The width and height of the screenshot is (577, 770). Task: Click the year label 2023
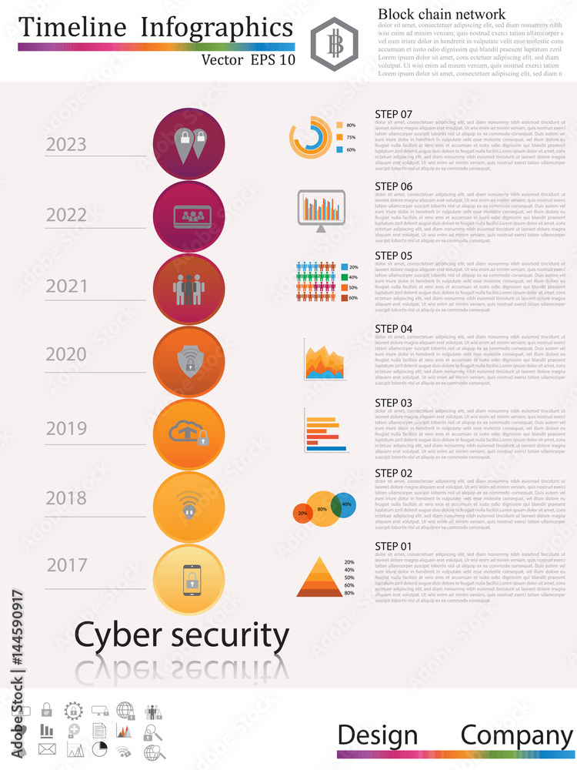pyautogui.click(x=66, y=145)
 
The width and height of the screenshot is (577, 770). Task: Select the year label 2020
pyautogui.click(x=66, y=355)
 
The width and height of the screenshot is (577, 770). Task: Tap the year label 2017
pyautogui.click(x=66, y=565)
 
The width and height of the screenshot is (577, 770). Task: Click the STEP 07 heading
pyautogui.click(x=393, y=115)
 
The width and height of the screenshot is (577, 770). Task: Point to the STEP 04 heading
pyautogui.click(x=393, y=329)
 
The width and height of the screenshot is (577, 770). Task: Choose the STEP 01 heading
pyautogui.click(x=393, y=546)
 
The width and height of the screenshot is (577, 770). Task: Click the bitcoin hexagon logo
pyautogui.click(x=335, y=44)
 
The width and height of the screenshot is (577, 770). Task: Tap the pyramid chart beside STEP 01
pyautogui.click(x=319, y=578)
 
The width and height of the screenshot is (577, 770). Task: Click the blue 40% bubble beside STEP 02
pyautogui.click(x=344, y=504)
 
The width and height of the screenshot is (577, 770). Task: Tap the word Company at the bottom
pyautogui.click(x=516, y=735)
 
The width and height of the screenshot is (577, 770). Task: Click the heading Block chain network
pyautogui.click(x=441, y=14)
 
